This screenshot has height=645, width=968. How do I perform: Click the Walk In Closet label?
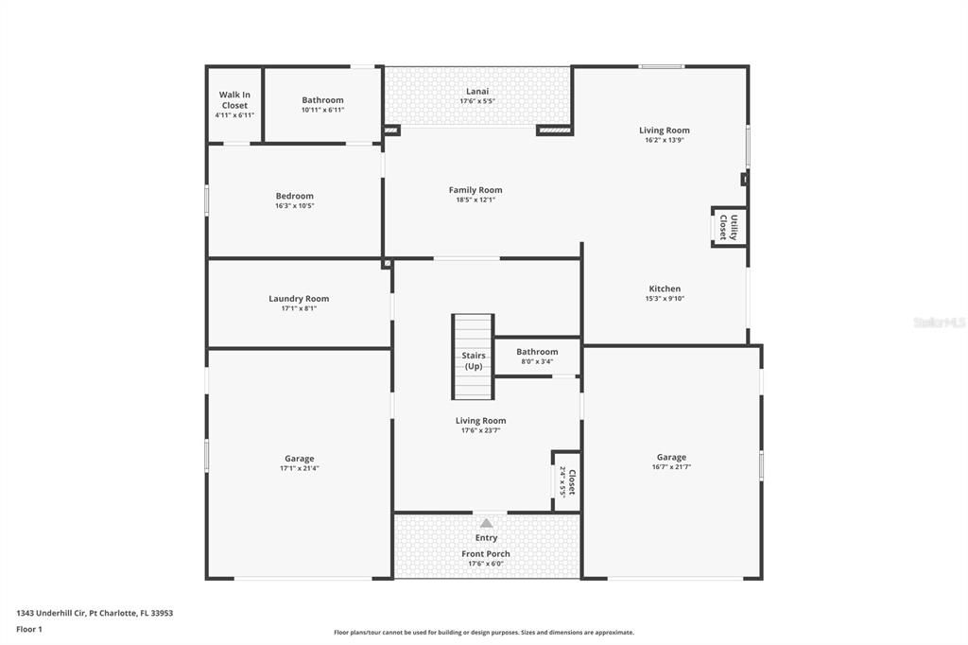click(x=234, y=99)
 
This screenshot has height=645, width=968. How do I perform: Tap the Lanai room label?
click(x=477, y=92)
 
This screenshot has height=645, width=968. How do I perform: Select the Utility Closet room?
click(x=729, y=227)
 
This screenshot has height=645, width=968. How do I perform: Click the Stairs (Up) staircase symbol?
click(x=473, y=357)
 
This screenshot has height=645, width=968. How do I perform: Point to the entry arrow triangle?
click(x=486, y=523)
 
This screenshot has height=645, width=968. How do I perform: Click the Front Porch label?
click(x=486, y=554)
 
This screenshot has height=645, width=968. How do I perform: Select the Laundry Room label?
click(x=299, y=299)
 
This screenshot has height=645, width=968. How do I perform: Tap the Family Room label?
click(x=475, y=190)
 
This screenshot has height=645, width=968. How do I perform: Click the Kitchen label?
click(x=665, y=289)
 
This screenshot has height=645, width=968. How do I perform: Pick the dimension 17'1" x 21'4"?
click(x=300, y=468)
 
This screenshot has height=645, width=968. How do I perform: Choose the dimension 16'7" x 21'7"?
click(x=671, y=467)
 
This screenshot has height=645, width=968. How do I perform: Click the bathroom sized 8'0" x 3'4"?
click(x=537, y=356)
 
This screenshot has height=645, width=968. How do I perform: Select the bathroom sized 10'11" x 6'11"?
click(x=322, y=104)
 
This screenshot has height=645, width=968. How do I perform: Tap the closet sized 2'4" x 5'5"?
click(x=566, y=481)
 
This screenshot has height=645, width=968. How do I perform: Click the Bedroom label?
click(x=295, y=197)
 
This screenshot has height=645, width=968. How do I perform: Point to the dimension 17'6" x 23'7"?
click(x=480, y=430)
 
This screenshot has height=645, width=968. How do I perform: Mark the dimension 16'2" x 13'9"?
click(x=665, y=140)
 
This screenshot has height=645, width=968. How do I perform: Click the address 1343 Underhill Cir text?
click(x=95, y=613)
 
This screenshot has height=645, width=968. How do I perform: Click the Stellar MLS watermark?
click(x=939, y=322)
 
